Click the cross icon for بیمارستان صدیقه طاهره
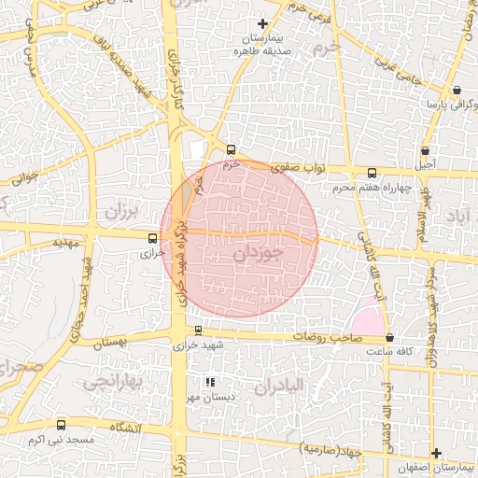(x=262, y=23)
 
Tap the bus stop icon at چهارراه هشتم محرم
(x=373, y=173)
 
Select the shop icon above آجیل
(x=425, y=150)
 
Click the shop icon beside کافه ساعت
(x=389, y=338)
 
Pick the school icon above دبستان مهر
(x=210, y=381)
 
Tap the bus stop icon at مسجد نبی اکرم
(x=62, y=425)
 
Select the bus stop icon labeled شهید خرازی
(x=198, y=330)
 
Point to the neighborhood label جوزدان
(x=256, y=253)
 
